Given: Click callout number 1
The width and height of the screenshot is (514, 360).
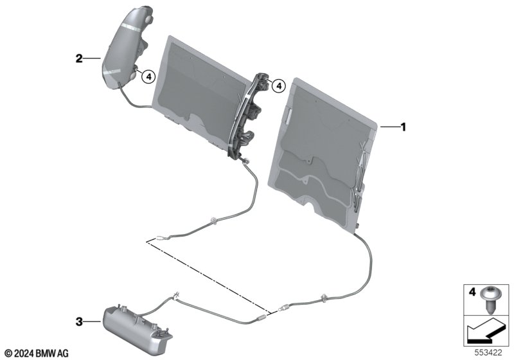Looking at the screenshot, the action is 403,127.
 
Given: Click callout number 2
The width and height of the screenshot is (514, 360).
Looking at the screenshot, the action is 79,59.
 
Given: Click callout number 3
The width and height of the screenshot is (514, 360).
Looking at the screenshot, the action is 79,322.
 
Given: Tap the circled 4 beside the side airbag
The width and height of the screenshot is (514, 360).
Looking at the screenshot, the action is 148,77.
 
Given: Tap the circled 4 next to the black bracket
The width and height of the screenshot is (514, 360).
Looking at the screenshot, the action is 279,86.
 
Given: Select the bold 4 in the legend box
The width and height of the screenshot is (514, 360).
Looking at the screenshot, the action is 472,292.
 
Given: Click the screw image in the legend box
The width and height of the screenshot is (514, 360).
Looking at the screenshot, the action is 490,299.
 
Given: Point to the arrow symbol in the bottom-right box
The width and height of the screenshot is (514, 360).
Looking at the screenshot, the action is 487,330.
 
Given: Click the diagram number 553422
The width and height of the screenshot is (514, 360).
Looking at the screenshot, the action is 488,353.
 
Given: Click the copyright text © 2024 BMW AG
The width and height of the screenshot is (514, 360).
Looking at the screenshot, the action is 37,354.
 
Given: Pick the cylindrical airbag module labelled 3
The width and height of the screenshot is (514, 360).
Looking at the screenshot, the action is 138,328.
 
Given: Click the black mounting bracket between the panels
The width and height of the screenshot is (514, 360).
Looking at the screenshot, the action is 250,116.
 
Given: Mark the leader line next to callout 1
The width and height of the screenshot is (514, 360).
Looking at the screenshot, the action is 390,126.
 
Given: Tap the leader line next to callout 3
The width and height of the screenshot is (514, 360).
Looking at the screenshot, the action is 93,322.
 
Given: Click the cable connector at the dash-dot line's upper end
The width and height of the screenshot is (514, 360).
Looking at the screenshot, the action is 161,239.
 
